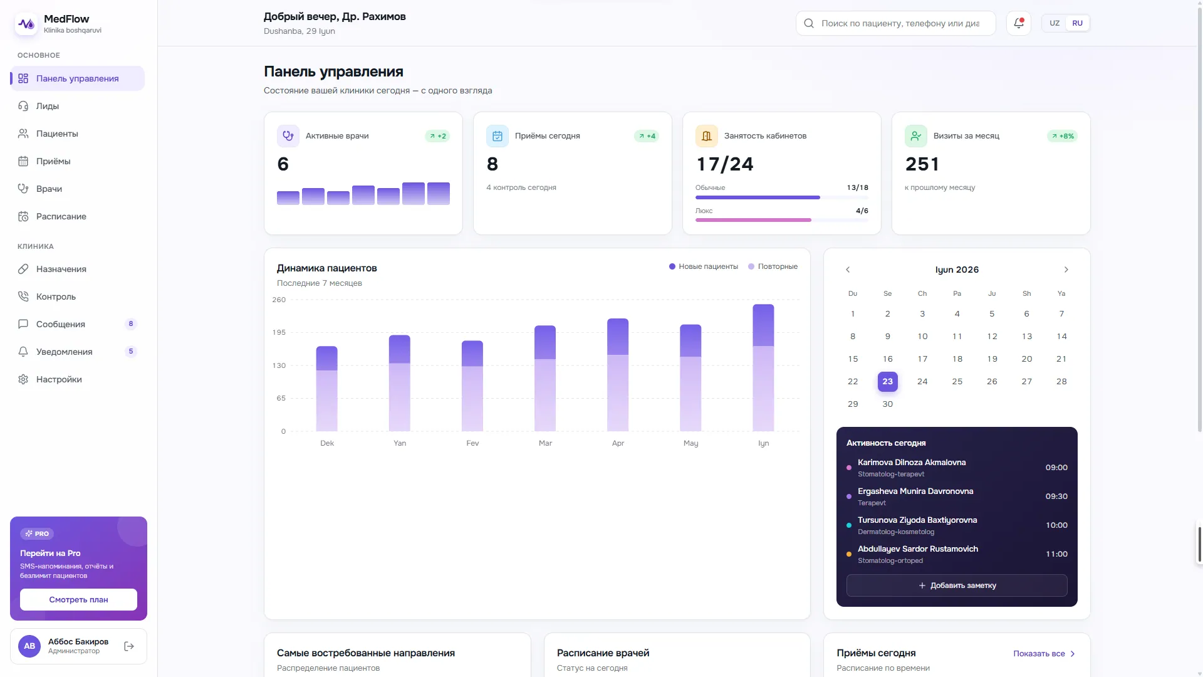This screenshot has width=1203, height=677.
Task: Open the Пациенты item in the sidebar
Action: (57, 134)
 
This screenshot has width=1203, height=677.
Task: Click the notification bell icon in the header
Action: (1019, 23)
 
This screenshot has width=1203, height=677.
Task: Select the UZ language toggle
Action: (1055, 23)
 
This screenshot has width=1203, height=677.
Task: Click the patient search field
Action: (895, 23)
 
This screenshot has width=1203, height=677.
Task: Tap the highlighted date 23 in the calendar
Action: (887, 381)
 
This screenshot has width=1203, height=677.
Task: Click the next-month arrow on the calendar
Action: (1066, 270)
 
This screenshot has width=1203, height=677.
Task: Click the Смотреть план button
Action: (78, 599)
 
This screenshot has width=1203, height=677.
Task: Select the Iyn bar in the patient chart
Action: (763, 367)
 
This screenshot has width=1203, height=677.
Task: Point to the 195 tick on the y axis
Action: (279, 332)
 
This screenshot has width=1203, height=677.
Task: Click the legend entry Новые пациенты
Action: (704, 266)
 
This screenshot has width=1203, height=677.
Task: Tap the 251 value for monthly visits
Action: (922, 164)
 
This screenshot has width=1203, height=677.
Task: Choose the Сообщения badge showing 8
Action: (131, 324)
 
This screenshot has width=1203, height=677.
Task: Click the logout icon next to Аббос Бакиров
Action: (129, 646)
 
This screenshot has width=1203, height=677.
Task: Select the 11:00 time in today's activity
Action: (1056, 554)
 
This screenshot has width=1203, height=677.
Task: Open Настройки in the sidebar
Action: (59, 379)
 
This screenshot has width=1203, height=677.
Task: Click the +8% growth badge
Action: (1062, 136)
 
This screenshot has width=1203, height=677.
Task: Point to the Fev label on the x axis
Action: (472, 443)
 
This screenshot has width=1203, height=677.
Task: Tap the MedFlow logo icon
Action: (26, 24)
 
